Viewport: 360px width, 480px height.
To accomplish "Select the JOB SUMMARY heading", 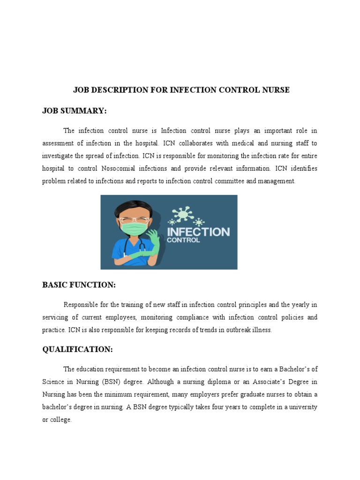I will (x=75, y=111).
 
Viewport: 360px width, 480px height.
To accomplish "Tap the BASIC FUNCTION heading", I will (x=79, y=285).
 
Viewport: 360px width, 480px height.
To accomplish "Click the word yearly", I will (x=300, y=305).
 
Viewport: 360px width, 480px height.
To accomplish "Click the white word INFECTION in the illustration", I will (x=198, y=232).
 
